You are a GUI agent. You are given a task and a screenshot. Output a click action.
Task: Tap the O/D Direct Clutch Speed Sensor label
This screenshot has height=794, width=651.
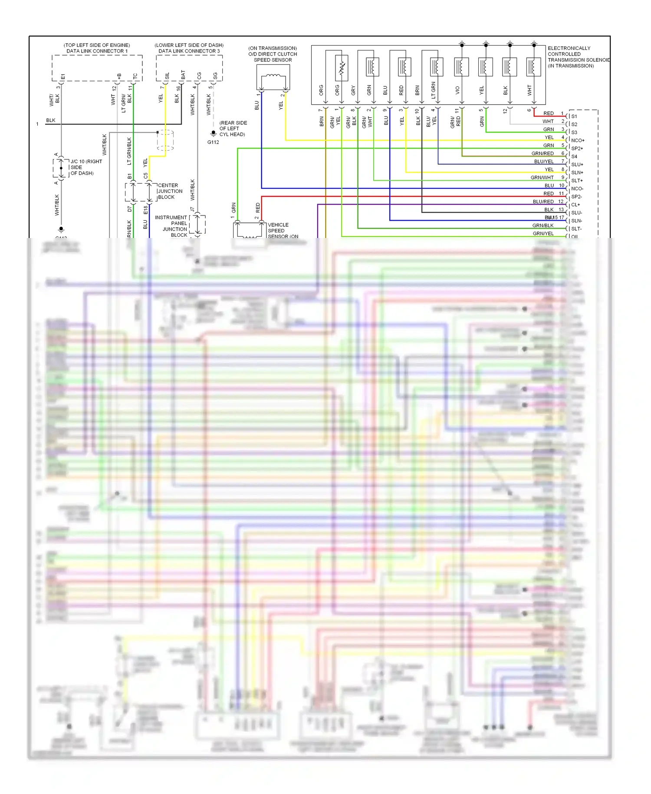click(273, 54)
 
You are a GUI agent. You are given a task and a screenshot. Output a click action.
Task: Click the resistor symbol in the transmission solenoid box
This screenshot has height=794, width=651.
click(342, 68)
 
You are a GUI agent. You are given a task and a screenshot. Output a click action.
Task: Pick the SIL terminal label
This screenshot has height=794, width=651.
click(167, 76)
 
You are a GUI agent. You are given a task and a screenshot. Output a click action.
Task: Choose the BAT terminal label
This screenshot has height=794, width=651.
click(183, 75)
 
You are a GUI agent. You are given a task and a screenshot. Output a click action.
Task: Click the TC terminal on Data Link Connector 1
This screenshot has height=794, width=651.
click(135, 76)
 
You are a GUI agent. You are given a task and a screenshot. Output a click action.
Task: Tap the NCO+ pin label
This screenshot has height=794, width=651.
click(578, 140)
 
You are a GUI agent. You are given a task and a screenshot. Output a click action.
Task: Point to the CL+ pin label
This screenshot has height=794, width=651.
click(575, 205)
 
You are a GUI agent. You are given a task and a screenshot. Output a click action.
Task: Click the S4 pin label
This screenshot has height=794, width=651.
click(574, 156)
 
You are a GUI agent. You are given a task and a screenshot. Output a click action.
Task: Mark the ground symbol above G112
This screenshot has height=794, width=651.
click(213, 133)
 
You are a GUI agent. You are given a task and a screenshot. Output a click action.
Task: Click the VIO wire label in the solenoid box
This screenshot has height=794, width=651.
click(457, 90)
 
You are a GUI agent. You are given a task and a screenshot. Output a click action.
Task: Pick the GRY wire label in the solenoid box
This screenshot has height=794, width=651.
click(353, 90)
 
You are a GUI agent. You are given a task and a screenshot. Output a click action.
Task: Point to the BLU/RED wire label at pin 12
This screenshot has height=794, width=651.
click(543, 202)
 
